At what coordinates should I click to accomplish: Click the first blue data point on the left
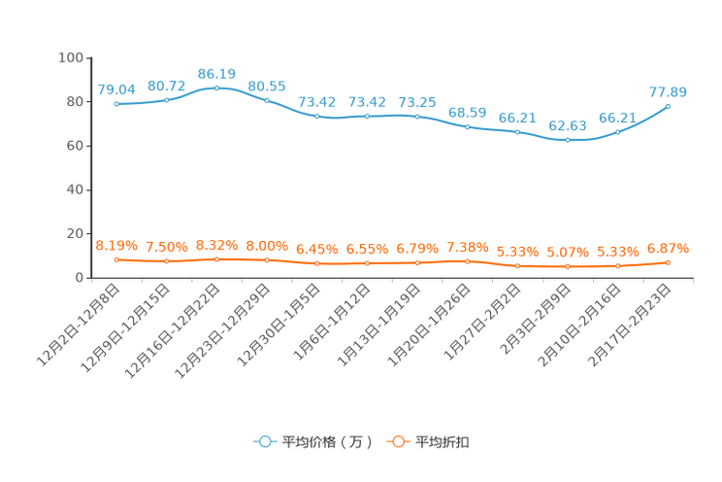116,103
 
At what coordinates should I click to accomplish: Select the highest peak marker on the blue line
216,86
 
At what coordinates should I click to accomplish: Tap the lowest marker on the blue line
568,140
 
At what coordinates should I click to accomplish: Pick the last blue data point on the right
668,105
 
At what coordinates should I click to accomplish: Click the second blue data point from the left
167,99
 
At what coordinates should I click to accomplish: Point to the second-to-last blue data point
617,131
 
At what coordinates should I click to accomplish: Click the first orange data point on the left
116,259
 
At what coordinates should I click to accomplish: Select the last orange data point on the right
668,262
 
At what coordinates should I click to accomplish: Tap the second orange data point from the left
167,261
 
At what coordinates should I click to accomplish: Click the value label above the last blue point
668,92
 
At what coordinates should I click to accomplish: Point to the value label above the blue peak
216,74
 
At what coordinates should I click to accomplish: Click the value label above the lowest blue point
568,127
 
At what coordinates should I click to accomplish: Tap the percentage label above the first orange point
116,246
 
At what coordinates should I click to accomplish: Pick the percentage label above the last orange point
668,249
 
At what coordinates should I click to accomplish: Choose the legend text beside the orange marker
443,442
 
